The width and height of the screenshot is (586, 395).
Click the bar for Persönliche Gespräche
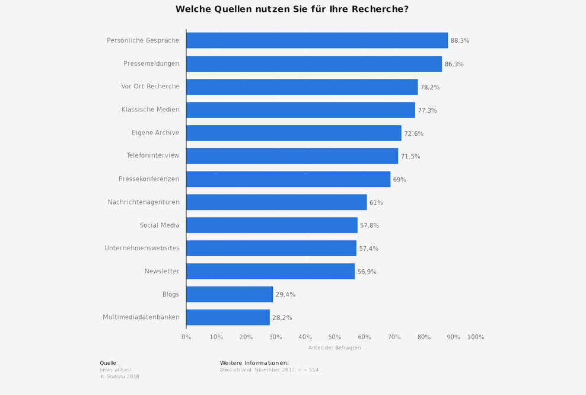(317, 40)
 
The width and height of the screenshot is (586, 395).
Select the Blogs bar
(230, 294)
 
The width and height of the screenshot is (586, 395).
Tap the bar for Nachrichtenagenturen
(276, 202)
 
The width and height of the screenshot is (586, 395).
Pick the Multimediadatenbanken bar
(228, 317)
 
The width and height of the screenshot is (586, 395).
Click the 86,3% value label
(454, 64)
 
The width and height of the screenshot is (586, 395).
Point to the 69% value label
(399, 179)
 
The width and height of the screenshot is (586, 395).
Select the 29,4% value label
(285, 295)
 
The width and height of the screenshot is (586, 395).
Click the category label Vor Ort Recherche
(150, 87)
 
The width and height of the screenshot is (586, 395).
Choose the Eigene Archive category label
(155, 133)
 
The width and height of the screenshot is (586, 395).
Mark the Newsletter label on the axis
(162, 271)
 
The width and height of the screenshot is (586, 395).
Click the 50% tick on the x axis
(335, 337)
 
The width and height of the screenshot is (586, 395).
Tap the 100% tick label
(476, 337)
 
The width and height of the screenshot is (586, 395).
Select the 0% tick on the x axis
(186, 337)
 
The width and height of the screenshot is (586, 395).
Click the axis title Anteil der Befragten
(335, 348)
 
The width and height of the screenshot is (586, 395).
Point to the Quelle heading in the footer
(108, 363)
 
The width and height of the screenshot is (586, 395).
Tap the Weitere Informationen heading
(254, 363)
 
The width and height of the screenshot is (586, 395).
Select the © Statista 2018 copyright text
(119, 376)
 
